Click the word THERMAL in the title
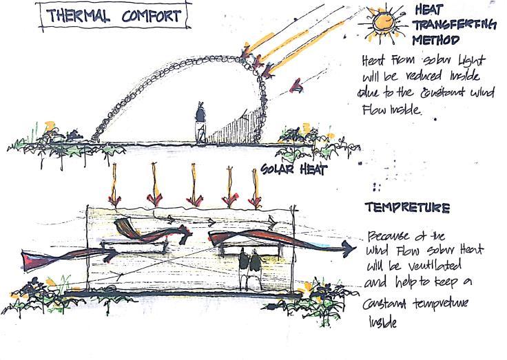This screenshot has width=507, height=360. coord(78,16)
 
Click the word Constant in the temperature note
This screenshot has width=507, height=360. coord(389,304)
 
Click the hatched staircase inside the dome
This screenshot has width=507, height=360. coord(238,128)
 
